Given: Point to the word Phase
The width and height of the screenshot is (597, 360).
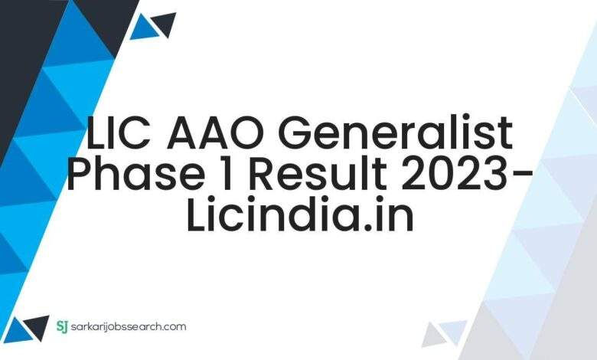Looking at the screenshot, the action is click(134, 173).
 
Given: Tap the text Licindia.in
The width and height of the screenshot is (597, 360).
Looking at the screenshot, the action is click(300, 214).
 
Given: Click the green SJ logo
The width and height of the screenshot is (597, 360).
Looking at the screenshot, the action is click(62, 326).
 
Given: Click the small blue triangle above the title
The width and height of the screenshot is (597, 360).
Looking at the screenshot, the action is click(144, 28).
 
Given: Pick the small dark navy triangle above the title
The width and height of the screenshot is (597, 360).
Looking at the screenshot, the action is click(165, 24).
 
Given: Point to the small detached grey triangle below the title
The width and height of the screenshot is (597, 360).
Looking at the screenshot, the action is click(433, 335).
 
